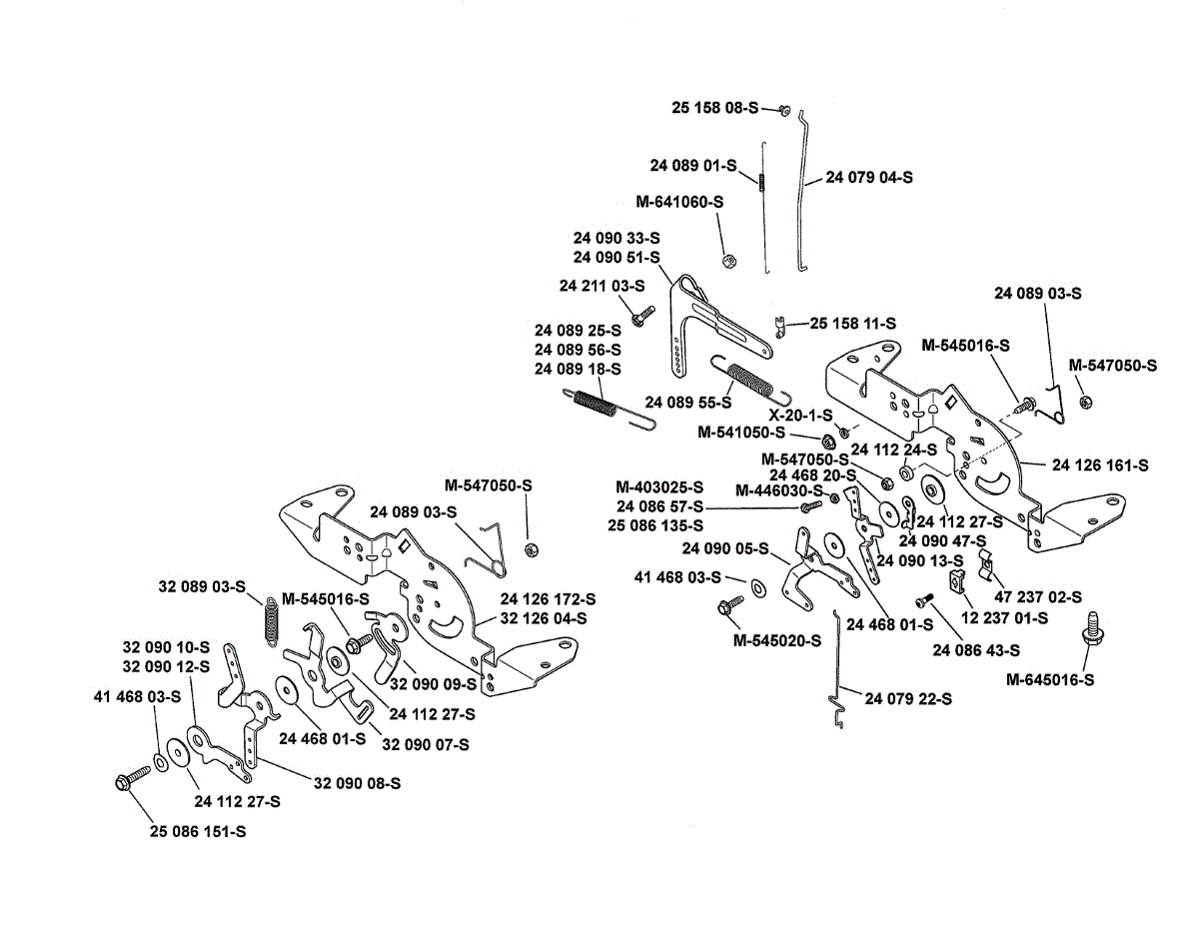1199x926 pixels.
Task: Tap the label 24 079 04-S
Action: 869,177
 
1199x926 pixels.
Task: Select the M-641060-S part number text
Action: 679,202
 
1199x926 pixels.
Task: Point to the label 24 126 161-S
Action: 1100,464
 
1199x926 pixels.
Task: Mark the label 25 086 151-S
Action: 198,831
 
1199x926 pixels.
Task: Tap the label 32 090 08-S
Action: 358,783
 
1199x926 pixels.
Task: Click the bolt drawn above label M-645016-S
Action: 1090,628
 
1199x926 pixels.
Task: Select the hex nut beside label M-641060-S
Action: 728,260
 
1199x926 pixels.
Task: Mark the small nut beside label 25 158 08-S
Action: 784,109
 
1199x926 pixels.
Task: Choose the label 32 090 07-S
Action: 426,744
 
